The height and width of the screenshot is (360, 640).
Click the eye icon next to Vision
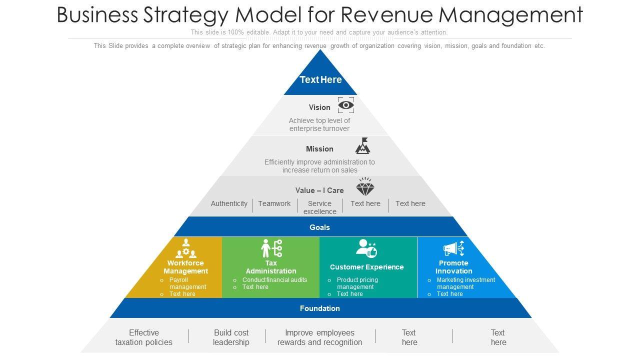point(346,105)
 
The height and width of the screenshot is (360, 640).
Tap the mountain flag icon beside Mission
point(363,146)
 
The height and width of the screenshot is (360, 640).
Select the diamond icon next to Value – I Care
point(365,187)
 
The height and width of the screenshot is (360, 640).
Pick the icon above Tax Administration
point(271,248)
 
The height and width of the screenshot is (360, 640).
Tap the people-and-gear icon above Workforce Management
point(185,248)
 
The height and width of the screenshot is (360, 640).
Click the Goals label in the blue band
point(319,227)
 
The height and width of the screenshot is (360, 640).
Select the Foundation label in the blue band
point(319,308)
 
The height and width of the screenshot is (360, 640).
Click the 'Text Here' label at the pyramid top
point(320,79)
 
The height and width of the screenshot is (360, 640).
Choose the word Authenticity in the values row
point(229,203)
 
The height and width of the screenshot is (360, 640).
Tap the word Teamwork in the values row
point(274,203)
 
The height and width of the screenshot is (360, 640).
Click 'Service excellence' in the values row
point(319,207)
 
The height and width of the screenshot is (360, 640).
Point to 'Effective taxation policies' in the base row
point(144,337)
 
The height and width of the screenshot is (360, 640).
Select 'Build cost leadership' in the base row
point(231,337)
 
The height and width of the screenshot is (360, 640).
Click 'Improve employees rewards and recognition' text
point(319,337)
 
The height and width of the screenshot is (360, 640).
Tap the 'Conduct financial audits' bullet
point(274,280)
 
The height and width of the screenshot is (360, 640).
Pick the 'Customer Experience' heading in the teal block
point(366,267)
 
